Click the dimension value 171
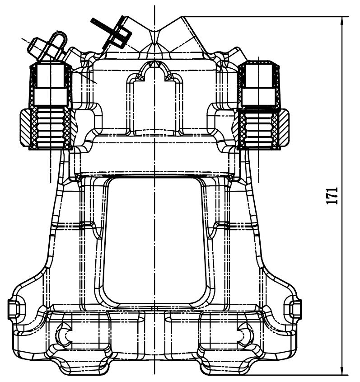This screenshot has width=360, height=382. (332, 196)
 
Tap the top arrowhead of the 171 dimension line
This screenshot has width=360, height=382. (342, 20)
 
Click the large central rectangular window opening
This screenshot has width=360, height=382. (154, 241)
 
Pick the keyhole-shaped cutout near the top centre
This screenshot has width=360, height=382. (154, 98)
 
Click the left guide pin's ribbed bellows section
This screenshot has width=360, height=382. (51, 127)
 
